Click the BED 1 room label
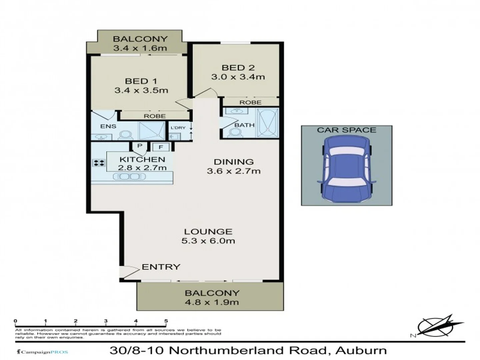(141, 81)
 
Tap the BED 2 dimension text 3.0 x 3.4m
(238, 77)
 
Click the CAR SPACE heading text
(346, 130)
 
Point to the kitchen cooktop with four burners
(99, 163)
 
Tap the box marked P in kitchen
(140, 146)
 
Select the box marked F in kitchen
(161, 147)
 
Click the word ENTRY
(161, 267)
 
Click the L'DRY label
(178, 128)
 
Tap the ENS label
(108, 126)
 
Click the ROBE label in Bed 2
(250, 102)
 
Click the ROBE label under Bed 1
(154, 116)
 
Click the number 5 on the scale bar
(166, 321)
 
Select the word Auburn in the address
(361, 351)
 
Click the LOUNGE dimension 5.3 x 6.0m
(208, 241)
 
